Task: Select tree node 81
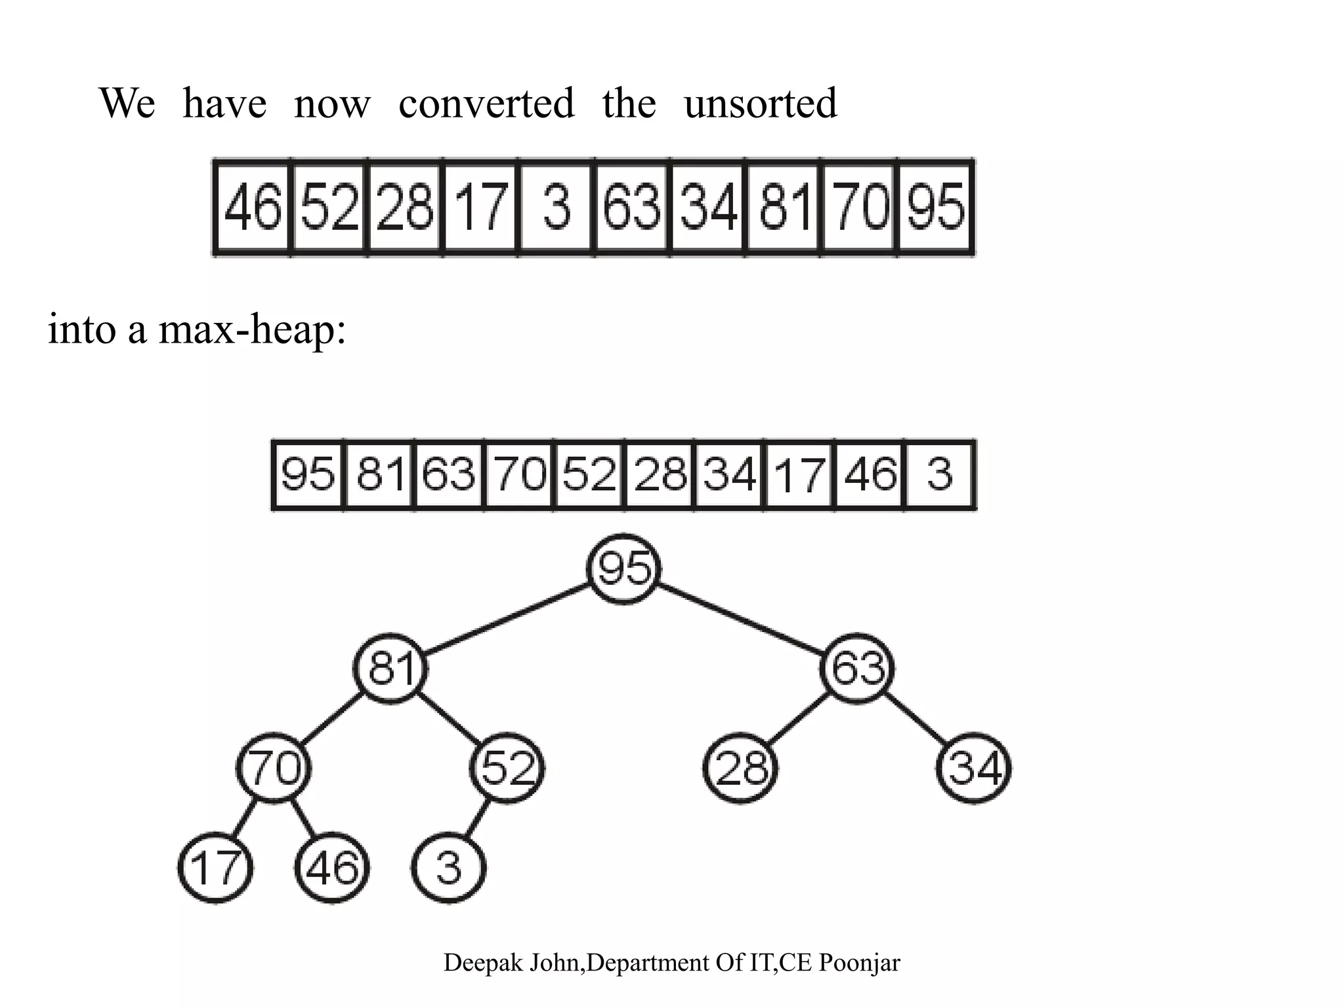[391, 668]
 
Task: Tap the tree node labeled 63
[857, 668]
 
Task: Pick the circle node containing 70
[274, 768]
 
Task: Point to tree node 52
[507, 768]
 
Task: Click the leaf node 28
[741, 768]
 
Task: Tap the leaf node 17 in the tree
[215, 868]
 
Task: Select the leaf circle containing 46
[332, 868]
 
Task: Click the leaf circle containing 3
[449, 868]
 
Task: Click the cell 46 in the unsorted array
[253, 207]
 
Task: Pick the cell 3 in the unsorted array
[556, 207]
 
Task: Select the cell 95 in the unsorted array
[936, 207]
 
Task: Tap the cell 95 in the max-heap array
[308, 474]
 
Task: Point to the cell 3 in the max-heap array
[940, 474]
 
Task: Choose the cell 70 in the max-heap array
[519, 474]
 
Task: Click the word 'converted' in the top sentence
[486, 104]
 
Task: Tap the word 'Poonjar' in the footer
[860, 963]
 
